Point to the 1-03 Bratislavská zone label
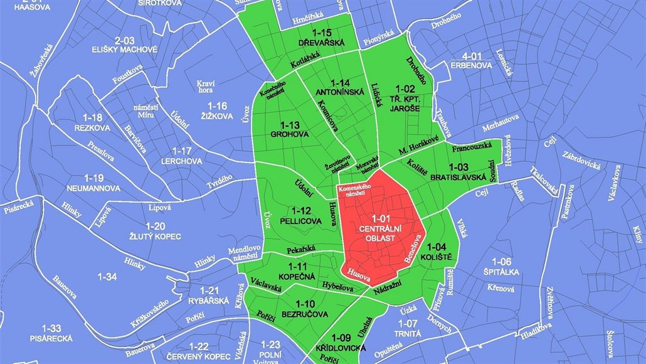pyautogui.click(x=458, y=173)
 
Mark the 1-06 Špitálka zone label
pyautogui.click(x=502, y=266)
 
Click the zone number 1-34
pyautogui.click(x=108, y=276)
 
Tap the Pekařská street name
pyautogui.click(x=301, y=250)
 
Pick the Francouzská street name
pyautogui.click(x=470, y=149)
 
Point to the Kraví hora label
pyautogui.click(x=206, y=86)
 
